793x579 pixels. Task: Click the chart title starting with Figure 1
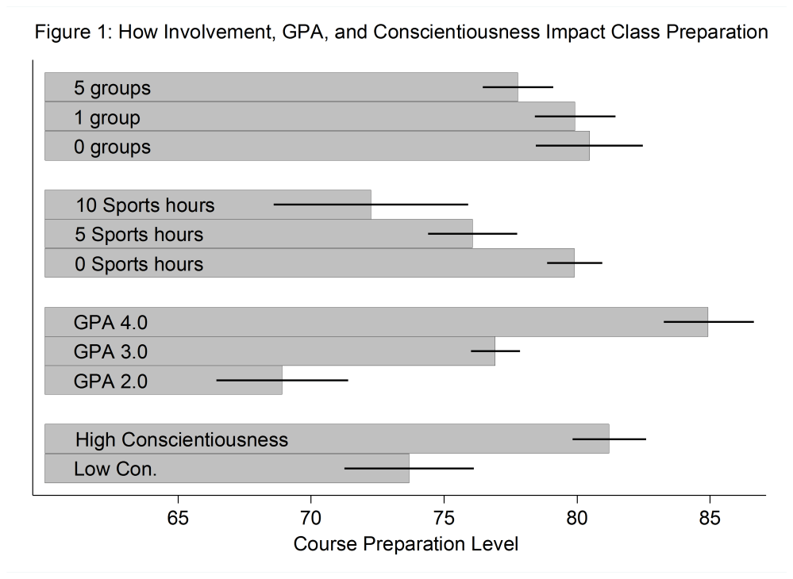point(401,33)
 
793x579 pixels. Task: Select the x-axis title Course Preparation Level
point(406,544)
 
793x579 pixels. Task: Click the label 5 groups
point(112,88)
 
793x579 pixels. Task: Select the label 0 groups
point(112,147)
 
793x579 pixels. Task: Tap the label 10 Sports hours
point(145,205)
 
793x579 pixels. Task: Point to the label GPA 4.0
point(111,323)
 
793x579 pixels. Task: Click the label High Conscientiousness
point(182,439)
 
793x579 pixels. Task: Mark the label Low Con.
point(115,469)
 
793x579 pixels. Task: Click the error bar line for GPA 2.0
point(282,381)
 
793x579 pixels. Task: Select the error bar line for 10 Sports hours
point(371,205)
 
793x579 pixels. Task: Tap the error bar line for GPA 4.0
point(708,322)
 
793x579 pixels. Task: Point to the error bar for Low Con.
point(409,469)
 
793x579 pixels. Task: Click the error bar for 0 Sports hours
point(574,263)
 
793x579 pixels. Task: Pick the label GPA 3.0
point(111,351)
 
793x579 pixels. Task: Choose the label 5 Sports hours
point(139,235)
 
